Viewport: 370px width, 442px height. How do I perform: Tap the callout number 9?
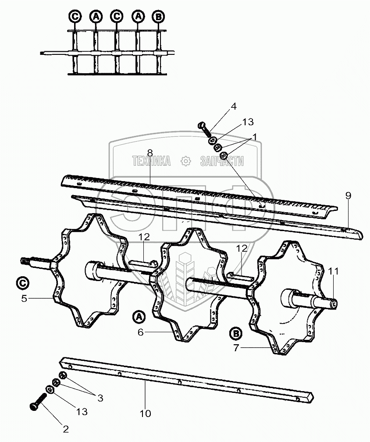click(348, 196)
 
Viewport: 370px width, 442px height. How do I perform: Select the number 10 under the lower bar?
click(145, 413)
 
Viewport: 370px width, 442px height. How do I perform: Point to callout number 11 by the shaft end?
click(334, 271)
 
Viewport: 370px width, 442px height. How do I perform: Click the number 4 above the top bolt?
click(234, 106)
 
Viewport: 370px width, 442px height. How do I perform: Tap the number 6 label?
click(140, 332)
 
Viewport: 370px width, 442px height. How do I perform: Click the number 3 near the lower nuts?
click(100, 398)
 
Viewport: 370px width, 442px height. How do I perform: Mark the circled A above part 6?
click(138, 316)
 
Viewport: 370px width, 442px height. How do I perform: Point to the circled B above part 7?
click(236, 334)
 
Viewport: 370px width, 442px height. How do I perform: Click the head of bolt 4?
click(202, 125)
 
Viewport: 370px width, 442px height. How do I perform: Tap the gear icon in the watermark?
click(186, 161)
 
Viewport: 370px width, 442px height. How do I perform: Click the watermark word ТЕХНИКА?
click(151, 161)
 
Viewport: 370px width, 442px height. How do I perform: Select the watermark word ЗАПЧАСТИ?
click(221, 161)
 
